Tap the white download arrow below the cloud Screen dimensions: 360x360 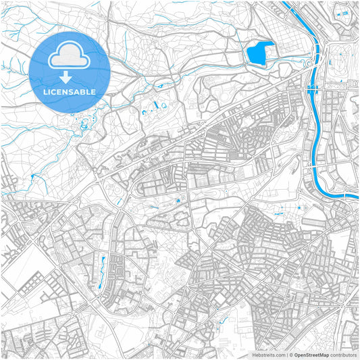pyautogui.click(x=70, y=76)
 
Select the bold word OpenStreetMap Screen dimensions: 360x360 pyautogui.click(x=311, y=355)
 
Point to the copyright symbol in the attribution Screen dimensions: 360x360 pyautogui.click(x=290, y=355)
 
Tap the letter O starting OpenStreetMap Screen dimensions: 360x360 pyautogui.click(x=297, y=355)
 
